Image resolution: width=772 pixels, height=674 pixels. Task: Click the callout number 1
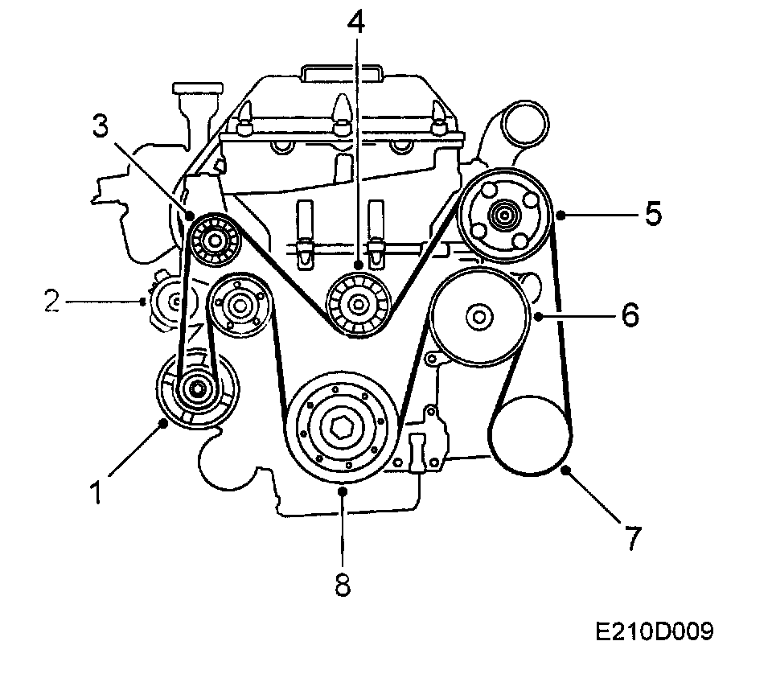(96, 491)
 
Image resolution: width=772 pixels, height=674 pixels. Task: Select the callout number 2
(52, 302)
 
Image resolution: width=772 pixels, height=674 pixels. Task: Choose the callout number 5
(653, 214)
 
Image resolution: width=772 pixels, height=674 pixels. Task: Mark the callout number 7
(633, 538)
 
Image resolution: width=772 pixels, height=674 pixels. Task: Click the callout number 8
(343, 586)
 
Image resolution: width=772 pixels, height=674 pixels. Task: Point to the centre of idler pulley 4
(356, 304)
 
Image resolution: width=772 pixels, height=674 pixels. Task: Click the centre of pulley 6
(479, 316)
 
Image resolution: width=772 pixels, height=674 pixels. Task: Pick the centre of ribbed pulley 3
(213, 239)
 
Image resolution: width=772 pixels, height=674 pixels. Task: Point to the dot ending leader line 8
(343, 488)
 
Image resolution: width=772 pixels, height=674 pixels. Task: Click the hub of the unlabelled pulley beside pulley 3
(240, 305)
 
